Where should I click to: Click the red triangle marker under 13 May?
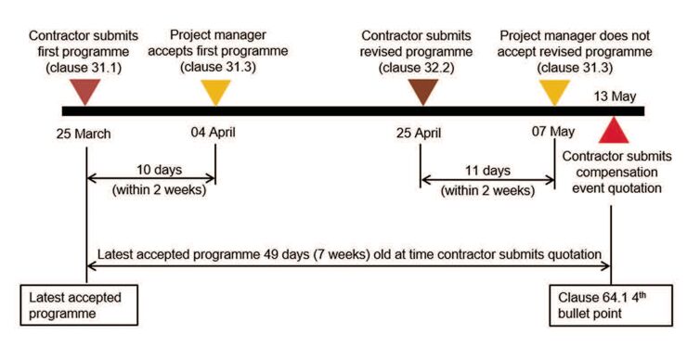coord(613,129)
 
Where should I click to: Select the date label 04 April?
coord(213,132)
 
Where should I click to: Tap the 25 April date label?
coord(421,133)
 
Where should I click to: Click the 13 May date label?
coord(614,95)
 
